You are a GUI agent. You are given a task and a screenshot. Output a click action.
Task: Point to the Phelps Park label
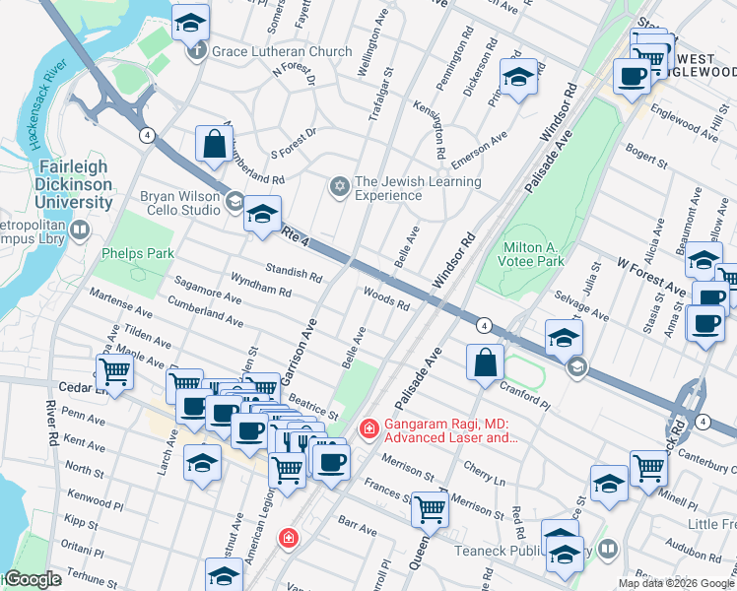pos(137,253)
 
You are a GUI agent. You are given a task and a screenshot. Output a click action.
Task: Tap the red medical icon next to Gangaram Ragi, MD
pos(369,428)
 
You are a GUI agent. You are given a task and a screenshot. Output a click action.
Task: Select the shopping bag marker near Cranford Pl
pos(485,362)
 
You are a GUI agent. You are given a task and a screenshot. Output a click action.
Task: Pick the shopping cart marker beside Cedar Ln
pos(115,373)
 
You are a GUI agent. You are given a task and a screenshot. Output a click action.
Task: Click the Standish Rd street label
pos(294,272)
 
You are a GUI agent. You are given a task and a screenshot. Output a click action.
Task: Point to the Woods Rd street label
pos(386,298)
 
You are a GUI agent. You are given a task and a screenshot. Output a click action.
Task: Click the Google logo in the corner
pos(32,579)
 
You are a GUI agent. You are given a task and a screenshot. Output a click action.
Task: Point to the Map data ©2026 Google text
pos(676,583)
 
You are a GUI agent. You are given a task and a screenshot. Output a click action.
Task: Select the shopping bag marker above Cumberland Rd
pos(214,146)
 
